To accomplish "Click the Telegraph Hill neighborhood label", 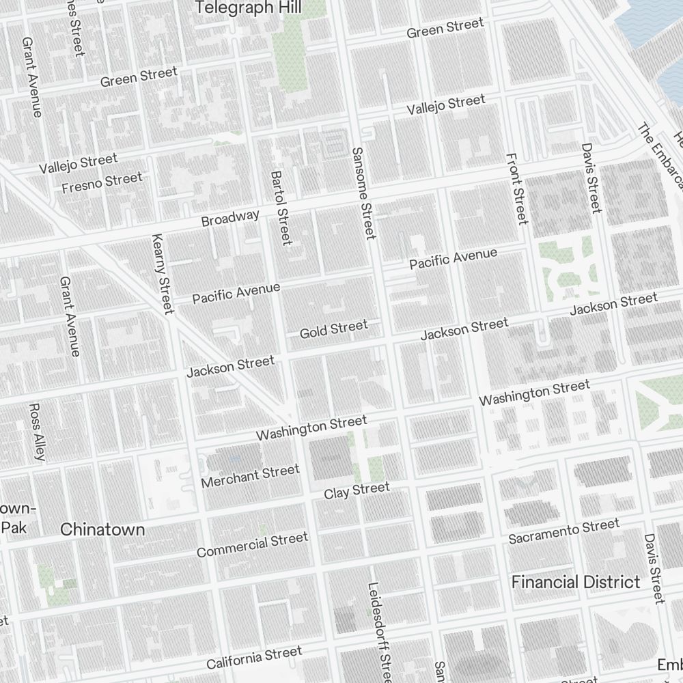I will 250,8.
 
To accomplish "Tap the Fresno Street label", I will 102,183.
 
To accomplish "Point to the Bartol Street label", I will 281,208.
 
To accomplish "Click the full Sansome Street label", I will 363,193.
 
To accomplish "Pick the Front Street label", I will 517,187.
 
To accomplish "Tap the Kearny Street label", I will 162,275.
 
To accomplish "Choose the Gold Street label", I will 333,329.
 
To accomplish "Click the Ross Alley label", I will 38,431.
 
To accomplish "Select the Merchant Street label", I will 250,476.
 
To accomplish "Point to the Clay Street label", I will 357,490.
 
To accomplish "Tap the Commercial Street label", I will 252,545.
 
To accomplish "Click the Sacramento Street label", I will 564,531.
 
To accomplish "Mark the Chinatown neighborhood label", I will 102,529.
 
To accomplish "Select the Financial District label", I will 576,582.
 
